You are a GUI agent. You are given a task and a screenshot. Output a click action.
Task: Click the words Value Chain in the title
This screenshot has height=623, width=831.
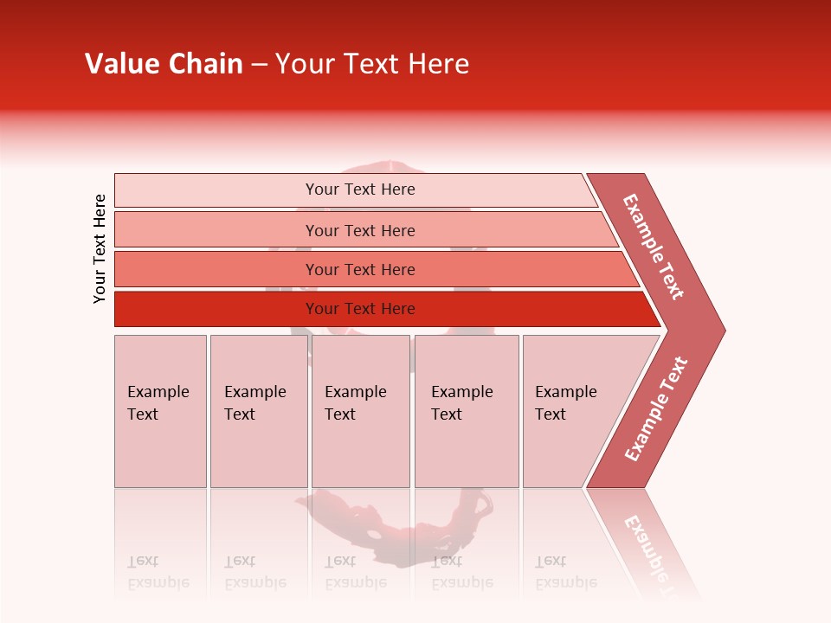(x=164, y=64)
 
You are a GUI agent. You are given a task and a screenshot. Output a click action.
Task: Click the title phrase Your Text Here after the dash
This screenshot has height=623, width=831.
(x=372, y=64)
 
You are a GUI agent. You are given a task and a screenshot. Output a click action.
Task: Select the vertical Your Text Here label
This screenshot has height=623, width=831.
(x=100, y=248)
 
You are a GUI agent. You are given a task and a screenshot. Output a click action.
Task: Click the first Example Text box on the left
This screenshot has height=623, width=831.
(x=160, y=411)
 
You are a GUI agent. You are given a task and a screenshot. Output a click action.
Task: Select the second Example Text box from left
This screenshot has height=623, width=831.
(x=258, y=411)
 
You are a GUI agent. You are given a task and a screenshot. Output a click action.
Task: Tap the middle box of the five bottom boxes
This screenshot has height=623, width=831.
(x=360, y=411)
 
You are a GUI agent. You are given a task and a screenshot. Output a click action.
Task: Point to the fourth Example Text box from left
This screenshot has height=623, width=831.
(x=467, y=411)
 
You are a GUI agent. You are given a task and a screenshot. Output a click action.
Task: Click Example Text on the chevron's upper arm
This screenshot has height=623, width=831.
(x=654, y=247)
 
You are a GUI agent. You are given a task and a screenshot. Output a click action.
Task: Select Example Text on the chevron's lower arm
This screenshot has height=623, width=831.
(x=656, y=408)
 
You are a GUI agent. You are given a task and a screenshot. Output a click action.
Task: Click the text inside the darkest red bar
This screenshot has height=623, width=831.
(x=360, y=309)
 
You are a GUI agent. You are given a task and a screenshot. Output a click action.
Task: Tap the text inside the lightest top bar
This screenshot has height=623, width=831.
(x=360, y=189)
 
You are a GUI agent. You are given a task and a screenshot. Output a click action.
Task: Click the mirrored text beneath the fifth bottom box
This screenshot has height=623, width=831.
(x=565, y=572)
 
